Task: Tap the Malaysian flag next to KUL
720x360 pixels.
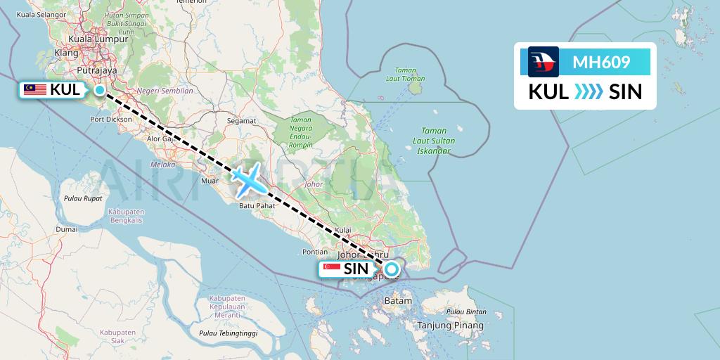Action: coord(34,90)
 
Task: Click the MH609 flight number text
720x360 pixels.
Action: coord(601,63)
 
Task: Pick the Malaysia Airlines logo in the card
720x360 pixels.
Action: coord(544,62)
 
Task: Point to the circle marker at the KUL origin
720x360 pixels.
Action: coord(100,90)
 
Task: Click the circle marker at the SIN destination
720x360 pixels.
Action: coord(391,269)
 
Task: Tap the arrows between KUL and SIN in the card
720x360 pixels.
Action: coord(589,92)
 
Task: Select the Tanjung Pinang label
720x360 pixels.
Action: coord(450,326)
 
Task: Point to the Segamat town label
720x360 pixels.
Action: coord(241,121)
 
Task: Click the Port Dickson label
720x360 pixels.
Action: coord(111,120)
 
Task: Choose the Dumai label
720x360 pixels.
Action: coord(67,229)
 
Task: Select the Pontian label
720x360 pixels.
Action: coord(314,252)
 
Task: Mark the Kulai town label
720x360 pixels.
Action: coord(343,230)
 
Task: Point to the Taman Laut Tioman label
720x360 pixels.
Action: coord(405,74)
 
